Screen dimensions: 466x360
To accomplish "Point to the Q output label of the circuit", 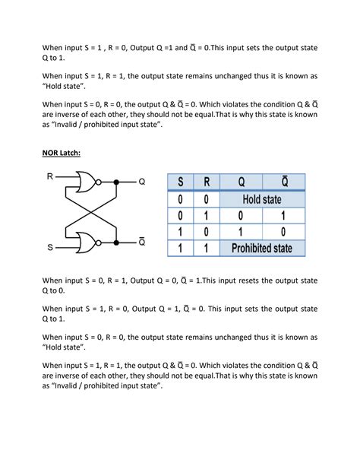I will (x=141, y=182).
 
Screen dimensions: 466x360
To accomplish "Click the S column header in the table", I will (x=181, y=183).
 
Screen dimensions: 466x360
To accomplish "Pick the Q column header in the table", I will (x=241, y=183).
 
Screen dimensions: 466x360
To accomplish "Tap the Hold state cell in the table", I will (x=262, y=199).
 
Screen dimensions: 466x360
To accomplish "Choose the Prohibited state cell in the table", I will (x=262, y=248).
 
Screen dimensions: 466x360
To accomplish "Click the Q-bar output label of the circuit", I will (x=141, y=242).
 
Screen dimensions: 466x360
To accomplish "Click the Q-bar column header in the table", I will (x=284, y=182).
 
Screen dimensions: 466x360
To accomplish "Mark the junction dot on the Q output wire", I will (x=115, y=182).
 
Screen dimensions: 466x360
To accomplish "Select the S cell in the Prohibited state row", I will (x=181, y=248).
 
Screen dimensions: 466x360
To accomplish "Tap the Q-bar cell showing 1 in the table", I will (x=284, y=215).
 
